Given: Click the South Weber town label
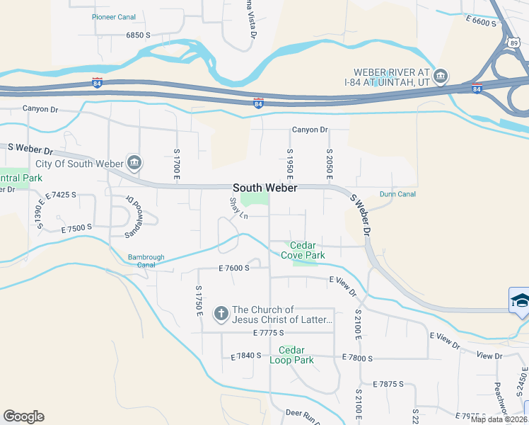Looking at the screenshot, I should (x=265, y=188).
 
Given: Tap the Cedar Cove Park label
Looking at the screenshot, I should (x=303, y=250).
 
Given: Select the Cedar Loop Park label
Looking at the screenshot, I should (x=291, y=355).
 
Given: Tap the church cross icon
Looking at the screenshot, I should (x=221, y=313).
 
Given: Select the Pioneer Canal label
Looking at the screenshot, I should (x=113, y=16).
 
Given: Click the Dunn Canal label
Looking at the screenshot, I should (x=397, y=194).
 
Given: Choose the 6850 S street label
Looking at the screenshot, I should (x=138, y=35).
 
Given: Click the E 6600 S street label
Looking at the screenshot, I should (x=482, y=23).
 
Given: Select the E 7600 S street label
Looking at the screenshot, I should (x=235, y=268).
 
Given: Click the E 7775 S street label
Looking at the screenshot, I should (x=267, y=332).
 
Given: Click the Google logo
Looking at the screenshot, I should (x=23, y=416).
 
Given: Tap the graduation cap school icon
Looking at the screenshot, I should (x=520, y=300).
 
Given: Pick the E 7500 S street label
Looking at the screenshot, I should (x=77, y=229).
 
